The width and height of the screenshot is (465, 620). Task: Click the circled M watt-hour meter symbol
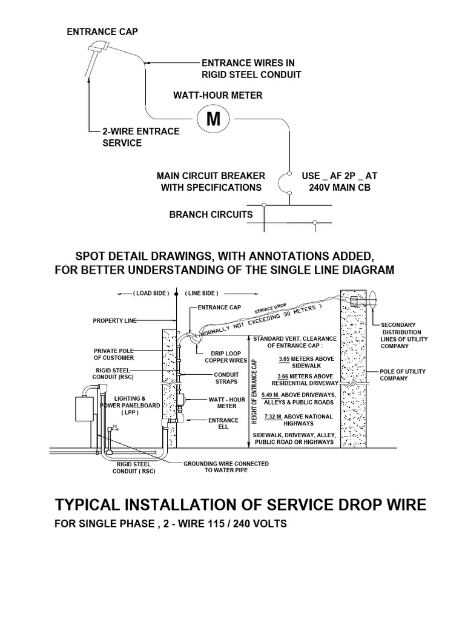pos(213,119)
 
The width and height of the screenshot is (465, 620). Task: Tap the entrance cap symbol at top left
pos(96,53)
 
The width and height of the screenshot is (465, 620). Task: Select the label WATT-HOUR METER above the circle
pos(218,95)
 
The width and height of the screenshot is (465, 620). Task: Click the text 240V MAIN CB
pos(339,187)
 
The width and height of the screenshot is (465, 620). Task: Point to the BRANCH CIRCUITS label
pos(211,214)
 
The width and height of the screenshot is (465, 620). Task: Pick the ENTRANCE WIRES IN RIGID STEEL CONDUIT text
pos(251,68)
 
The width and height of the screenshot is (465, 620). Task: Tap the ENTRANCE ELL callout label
pos(219,423)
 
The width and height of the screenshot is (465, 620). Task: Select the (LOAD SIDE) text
pos(151,292)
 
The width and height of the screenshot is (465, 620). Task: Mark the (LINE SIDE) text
pos(201,292)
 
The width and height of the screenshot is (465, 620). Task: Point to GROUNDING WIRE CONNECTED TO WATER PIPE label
pos(225,467)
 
